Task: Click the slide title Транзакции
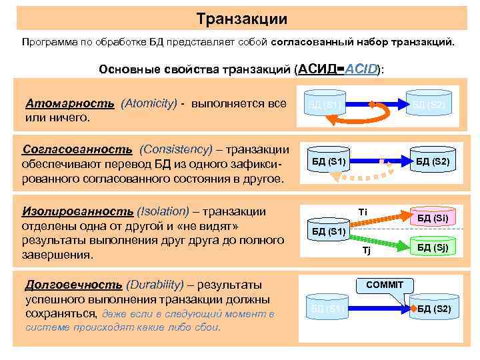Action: click(x=243, y=19)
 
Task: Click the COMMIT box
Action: click(x=384, y=285)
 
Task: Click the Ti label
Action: click(x=363, y=212)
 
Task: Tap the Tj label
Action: click(x=365, y=251)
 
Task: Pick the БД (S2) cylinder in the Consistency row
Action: click(x=432, y=161)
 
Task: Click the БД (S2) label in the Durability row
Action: click(x=433, y=309)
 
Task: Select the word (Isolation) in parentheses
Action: click(x=163, y=211)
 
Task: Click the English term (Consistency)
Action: click(x=177, y=149)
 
